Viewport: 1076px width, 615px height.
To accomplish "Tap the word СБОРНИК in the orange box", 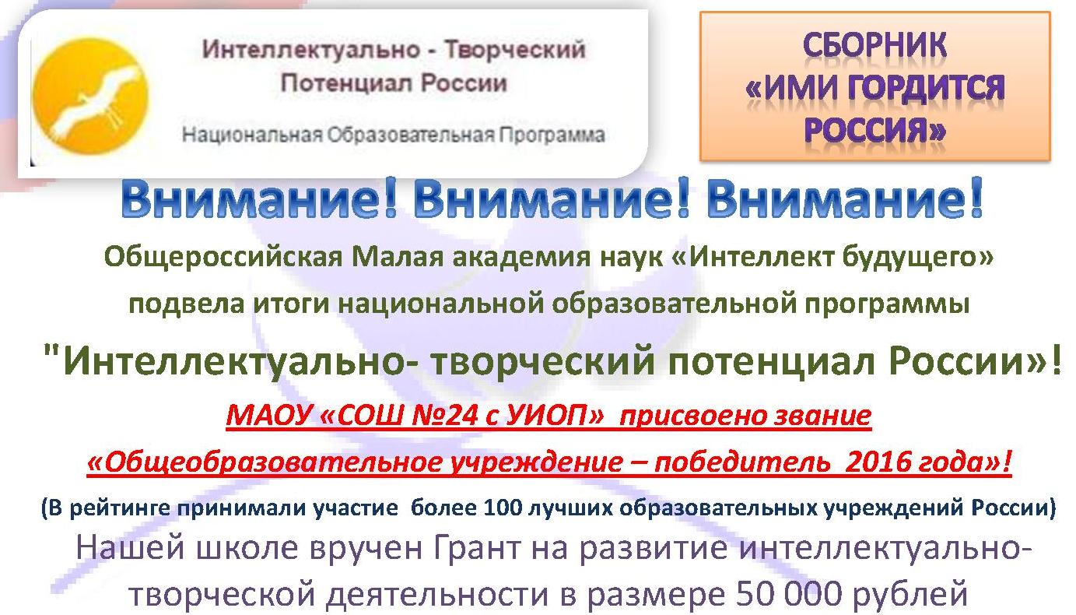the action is point(874,45).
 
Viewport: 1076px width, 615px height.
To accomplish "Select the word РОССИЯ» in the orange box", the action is point(875,130).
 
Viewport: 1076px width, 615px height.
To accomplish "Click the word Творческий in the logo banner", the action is point(514,50).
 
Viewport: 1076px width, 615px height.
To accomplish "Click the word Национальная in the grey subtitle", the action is point(252,135).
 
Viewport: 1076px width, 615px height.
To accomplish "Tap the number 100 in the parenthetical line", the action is point(503,508).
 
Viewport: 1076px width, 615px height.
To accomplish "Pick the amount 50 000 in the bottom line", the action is point(790,593).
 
